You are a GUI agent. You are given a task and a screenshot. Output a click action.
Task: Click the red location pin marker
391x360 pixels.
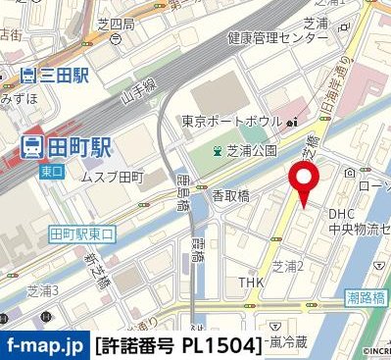(305, 182)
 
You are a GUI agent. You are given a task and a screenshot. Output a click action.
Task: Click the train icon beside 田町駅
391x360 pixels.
(31, 147)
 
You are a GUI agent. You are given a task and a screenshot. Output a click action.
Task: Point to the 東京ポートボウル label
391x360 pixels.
(233, 123)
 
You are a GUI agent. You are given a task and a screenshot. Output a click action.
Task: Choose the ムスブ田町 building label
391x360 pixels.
(111, 178)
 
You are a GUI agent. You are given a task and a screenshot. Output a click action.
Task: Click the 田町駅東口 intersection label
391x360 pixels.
(82, 233)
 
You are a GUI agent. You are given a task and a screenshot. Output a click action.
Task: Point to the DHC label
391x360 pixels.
(342, 213)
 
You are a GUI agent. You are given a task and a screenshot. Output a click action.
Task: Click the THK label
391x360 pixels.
(251, 283)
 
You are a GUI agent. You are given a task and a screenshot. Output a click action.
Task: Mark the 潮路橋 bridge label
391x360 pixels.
(365, 294)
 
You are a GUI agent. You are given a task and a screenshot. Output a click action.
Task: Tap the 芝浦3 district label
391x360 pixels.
(43, 291)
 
